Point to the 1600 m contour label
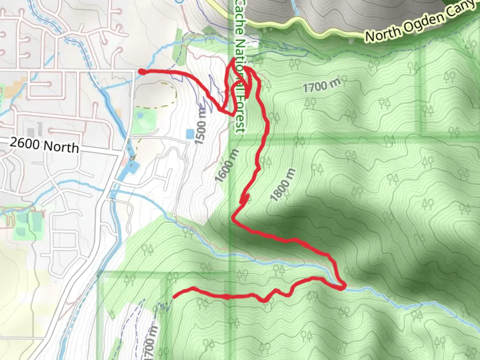point(227,166)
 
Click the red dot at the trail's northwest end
point(141,72)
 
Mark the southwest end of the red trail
point(174,296)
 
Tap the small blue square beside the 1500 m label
point(189,134)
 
